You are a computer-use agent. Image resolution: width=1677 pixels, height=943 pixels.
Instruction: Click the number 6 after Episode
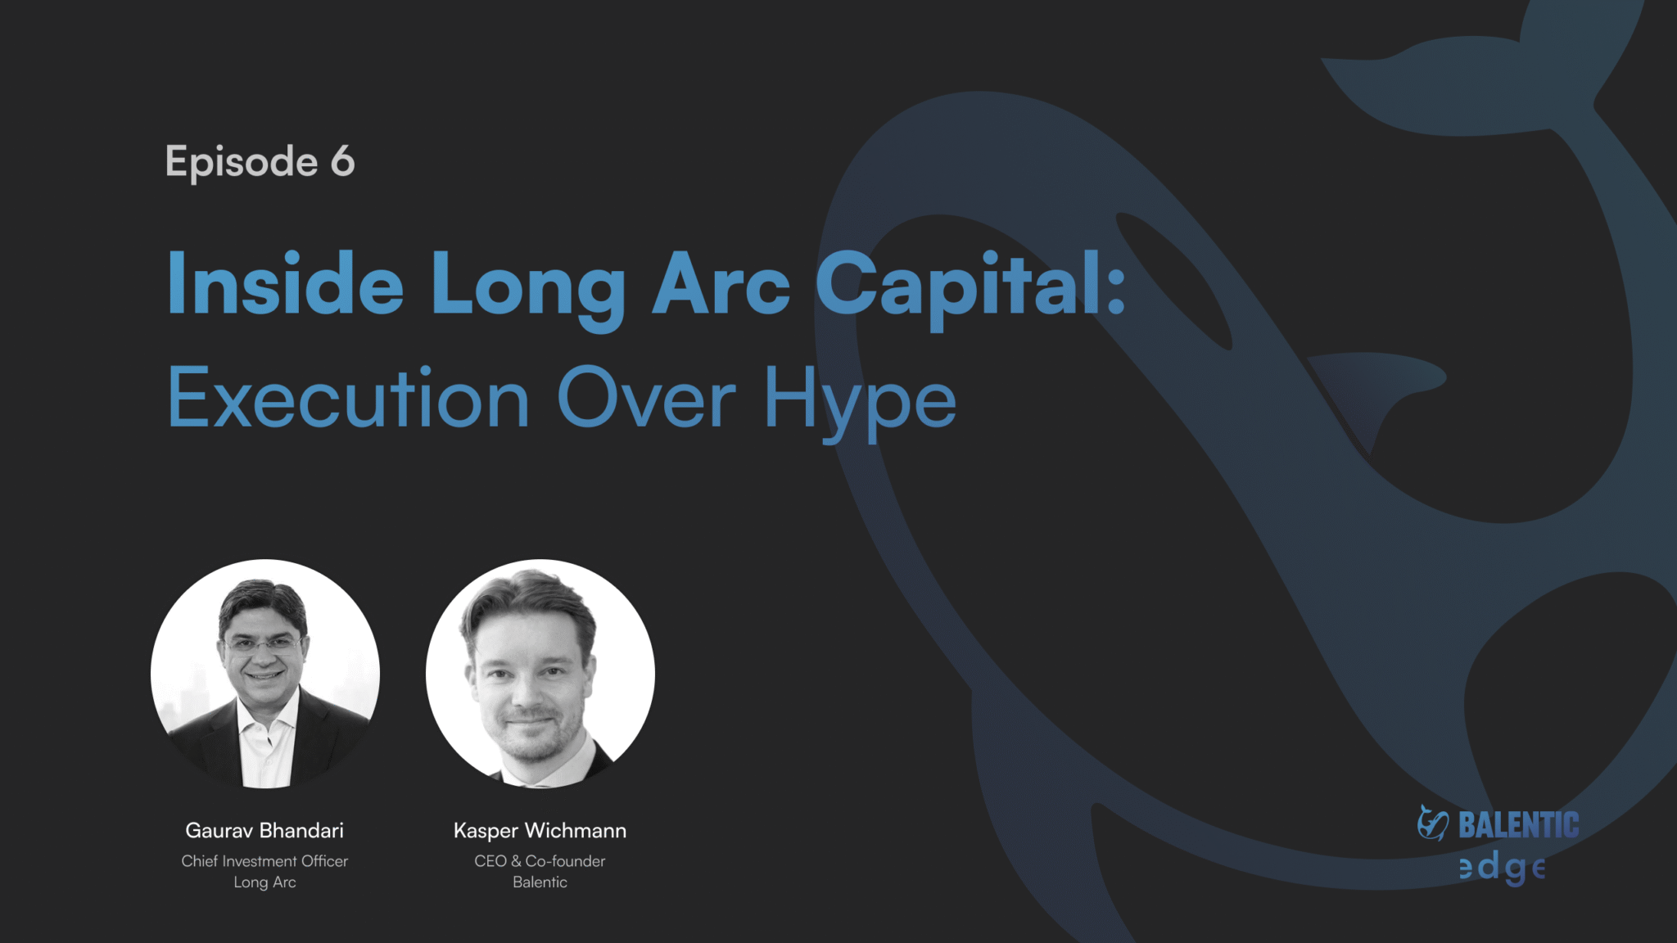click(342, 160)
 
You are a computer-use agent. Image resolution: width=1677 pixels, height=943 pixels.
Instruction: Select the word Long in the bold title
click(528, 291)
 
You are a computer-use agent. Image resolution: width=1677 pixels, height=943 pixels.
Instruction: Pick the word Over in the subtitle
click(647, 398)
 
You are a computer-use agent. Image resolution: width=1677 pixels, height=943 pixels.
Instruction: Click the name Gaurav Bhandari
click(264, 830)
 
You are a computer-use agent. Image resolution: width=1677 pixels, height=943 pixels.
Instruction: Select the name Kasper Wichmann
click(540, 831)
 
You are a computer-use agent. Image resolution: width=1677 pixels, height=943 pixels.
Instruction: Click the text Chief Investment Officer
click(264, 861)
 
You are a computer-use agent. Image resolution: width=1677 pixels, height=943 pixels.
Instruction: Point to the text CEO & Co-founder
click(540, 861)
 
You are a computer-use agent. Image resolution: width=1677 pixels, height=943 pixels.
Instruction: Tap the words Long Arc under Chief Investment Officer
click(264, 882)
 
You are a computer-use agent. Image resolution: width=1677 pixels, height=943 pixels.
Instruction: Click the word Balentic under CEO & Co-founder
click(540, 882)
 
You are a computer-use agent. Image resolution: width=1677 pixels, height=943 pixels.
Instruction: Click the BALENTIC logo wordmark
click(1519, 825)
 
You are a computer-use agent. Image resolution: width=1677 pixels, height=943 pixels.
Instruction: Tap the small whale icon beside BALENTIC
click(1433, 823)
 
